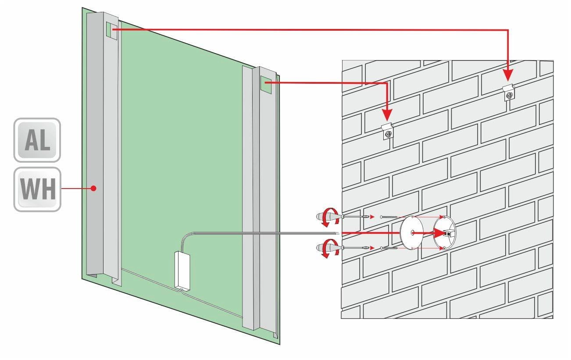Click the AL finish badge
tap(37, 140)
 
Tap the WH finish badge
tap(37, 189)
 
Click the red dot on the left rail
tap(93, 189)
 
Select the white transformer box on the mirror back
tap(182, 271)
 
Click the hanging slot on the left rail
tap(112, 31)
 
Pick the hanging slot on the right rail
tap(266, 85)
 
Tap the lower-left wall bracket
tap(388, 131)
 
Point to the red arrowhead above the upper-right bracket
tap(508, 75)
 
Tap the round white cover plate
tap(411, 232)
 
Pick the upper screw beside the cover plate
tap(389, 217)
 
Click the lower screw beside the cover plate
tap(389, 248)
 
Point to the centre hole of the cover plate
tap(412, 232)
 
